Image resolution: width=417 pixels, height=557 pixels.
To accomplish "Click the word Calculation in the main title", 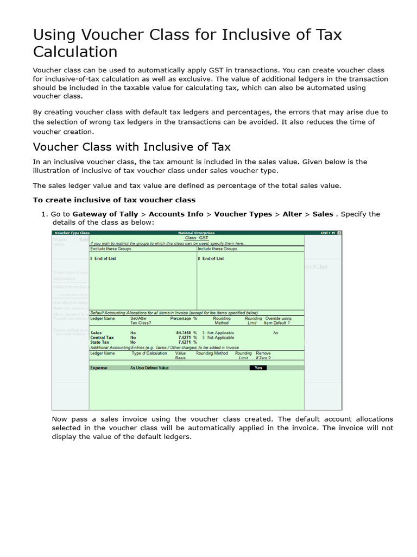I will pos(75,52).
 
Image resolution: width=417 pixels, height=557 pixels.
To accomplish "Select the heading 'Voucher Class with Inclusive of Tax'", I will pos(132,147).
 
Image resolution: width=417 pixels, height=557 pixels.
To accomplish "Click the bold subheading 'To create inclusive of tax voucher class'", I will pos(114,200).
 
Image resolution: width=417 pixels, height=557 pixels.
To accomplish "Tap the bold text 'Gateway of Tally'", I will pos(105,214).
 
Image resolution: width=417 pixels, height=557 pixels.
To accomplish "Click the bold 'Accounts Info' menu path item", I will pos(176,214).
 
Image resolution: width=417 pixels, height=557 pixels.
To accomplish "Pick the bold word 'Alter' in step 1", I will pos(292,214).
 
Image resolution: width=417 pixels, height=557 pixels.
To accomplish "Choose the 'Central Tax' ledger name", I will pos(102,337).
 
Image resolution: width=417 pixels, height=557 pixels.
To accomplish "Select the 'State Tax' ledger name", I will pos(100,342).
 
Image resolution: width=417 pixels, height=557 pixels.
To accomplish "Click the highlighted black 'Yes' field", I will pos(258,368).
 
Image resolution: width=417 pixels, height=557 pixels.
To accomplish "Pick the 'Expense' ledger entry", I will pos(99,368).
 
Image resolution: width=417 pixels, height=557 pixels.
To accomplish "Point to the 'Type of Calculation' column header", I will pos(149,353).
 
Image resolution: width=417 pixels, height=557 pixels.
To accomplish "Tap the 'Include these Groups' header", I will pos(217,249).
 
